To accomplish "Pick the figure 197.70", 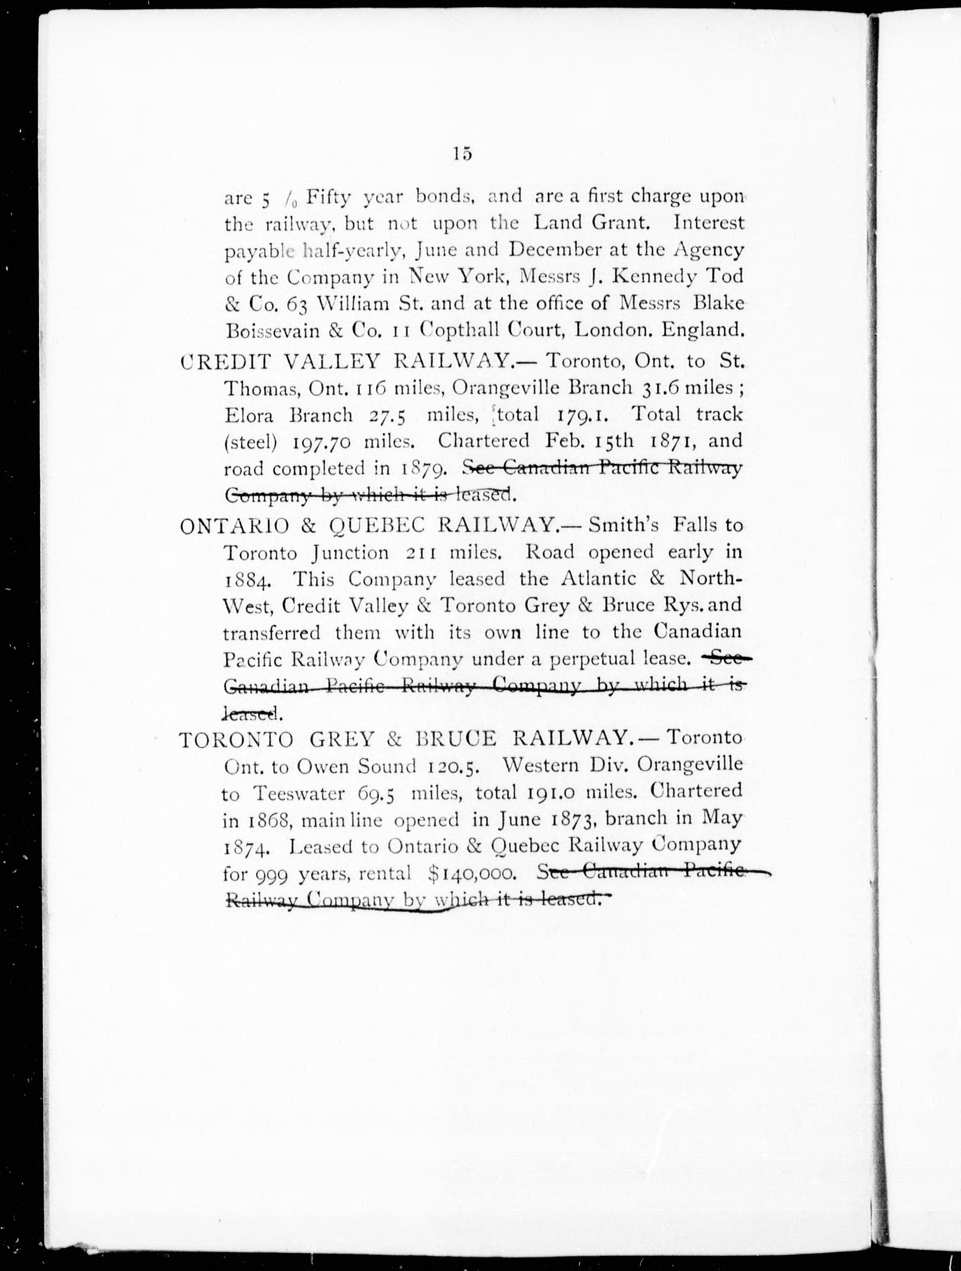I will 321,442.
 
